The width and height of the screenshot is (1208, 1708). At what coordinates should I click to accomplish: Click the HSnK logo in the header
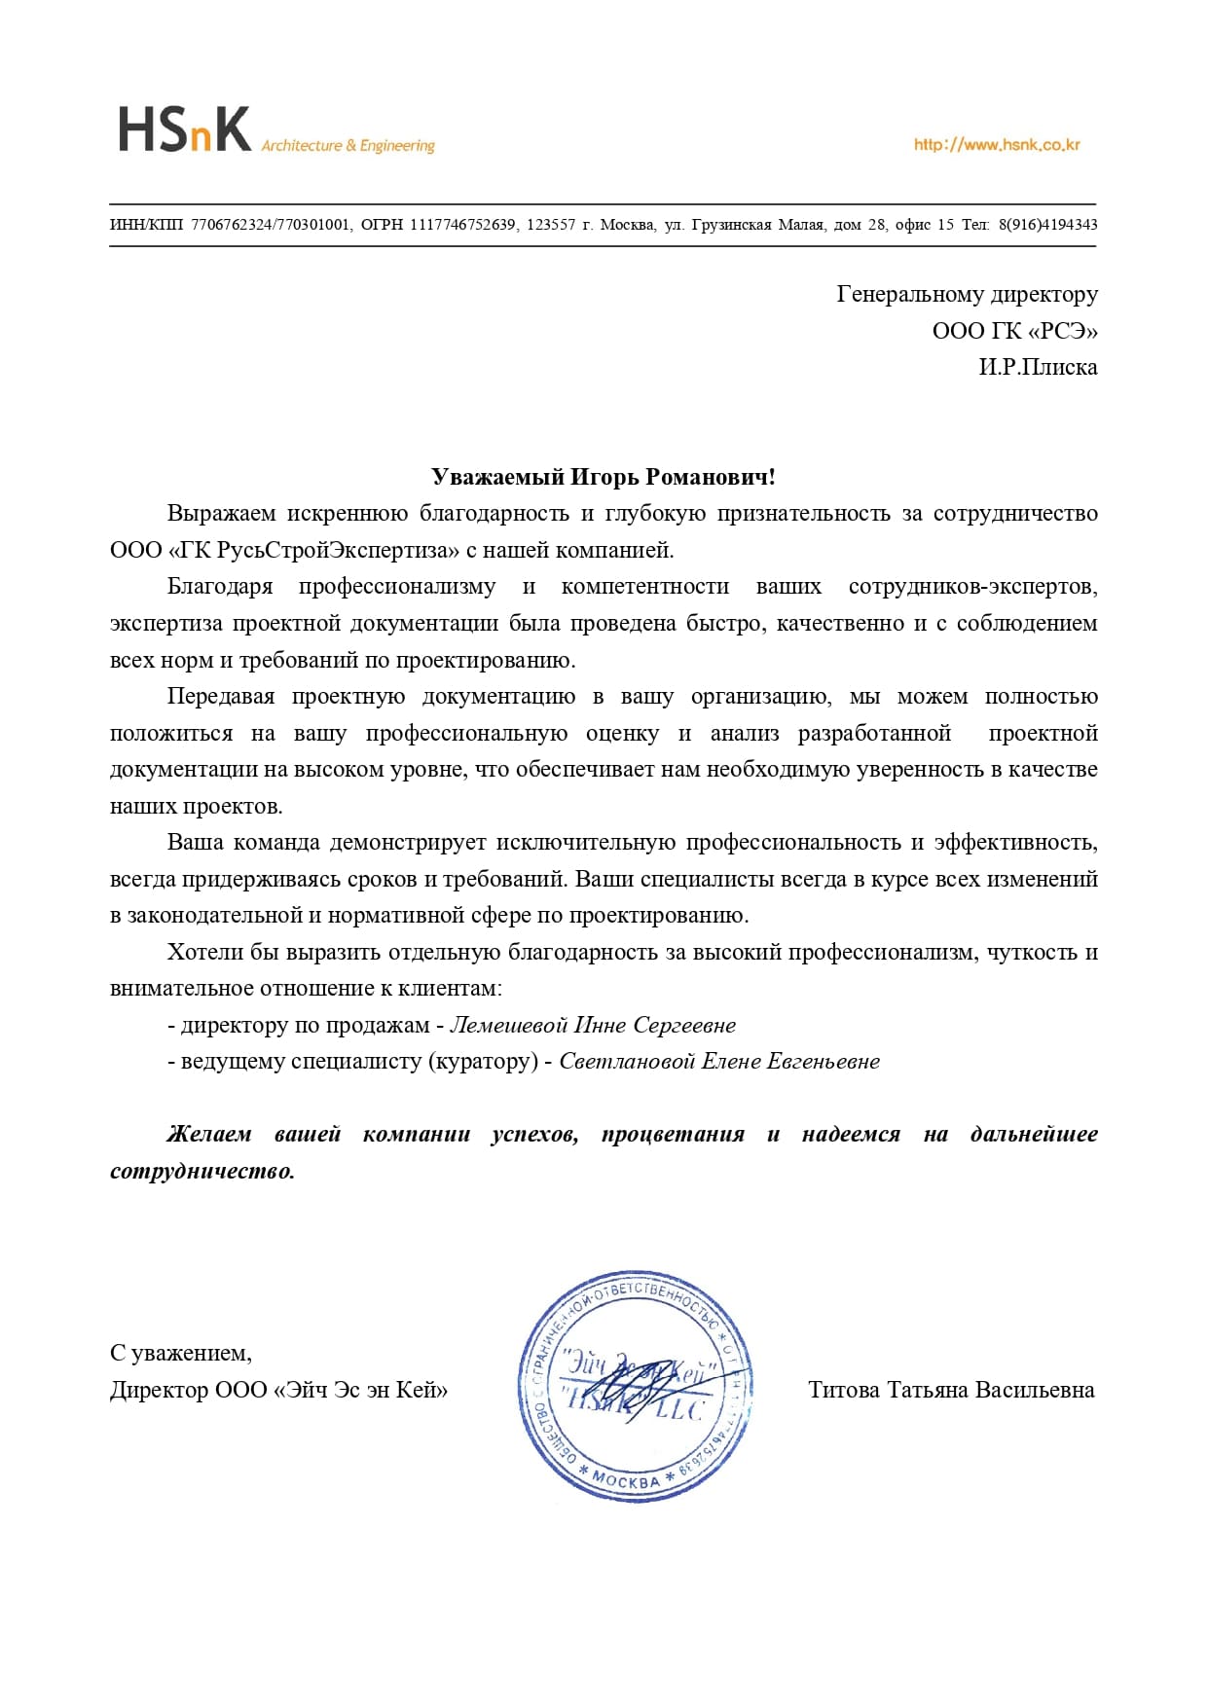184,130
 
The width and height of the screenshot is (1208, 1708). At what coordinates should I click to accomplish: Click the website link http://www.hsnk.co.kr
997,145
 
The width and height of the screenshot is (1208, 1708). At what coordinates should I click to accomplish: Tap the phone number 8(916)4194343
1047,225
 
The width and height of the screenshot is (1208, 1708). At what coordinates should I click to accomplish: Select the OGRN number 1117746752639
462,225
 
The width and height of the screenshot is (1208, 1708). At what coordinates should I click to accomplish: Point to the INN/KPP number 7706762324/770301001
270,225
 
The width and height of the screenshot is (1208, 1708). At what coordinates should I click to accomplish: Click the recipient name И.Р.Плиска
1038,368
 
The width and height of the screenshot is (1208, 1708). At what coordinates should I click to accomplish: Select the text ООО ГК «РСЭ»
1014,331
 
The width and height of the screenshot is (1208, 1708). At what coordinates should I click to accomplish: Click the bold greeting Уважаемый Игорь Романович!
604,477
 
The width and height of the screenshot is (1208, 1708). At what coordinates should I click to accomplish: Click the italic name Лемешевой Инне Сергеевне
593,1025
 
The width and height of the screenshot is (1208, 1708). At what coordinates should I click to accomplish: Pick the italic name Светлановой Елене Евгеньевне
719,1062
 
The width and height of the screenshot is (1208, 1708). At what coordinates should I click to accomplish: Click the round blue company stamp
636,1386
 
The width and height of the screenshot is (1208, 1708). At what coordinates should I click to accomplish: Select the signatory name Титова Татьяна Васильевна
951,1390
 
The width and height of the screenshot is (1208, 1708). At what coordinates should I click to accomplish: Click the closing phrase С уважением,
181,1353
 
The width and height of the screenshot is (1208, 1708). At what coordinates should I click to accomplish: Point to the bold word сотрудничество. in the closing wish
202,1171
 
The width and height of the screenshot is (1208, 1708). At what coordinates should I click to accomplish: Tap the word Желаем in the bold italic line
209,1134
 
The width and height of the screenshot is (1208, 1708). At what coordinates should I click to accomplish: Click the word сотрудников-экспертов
972,587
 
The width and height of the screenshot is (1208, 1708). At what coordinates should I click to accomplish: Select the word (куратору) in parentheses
483,1062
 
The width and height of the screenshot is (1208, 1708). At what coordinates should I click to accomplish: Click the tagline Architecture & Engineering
348,146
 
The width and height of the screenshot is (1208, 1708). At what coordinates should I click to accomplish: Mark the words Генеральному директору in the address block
967,294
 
